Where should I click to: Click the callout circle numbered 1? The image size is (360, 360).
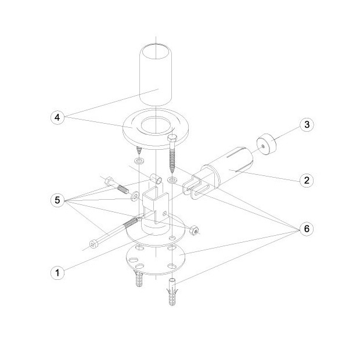tap(57, 273)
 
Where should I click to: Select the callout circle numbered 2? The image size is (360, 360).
tap(307, 180)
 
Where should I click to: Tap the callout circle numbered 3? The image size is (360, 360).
tap(307, 124)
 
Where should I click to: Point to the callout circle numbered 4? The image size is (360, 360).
tap(57, 117)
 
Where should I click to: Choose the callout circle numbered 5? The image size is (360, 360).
tap(57, 200)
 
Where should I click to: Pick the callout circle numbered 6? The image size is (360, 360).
tap(307, 228)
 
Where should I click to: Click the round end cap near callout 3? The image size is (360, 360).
tap(267, 145)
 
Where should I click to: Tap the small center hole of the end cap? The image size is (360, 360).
tap(263, 146)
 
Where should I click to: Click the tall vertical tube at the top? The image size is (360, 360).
tap(156, 74)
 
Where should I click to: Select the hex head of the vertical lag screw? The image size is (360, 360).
tap(171, 139)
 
